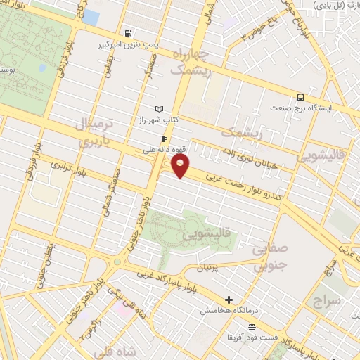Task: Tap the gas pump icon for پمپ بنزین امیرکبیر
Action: pos(127,32)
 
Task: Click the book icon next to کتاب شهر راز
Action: pos(159,108)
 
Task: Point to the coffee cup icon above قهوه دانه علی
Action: pos(164,139)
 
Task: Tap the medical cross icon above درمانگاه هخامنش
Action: pos(227,300)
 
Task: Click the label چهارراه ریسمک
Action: pos(186,61)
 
